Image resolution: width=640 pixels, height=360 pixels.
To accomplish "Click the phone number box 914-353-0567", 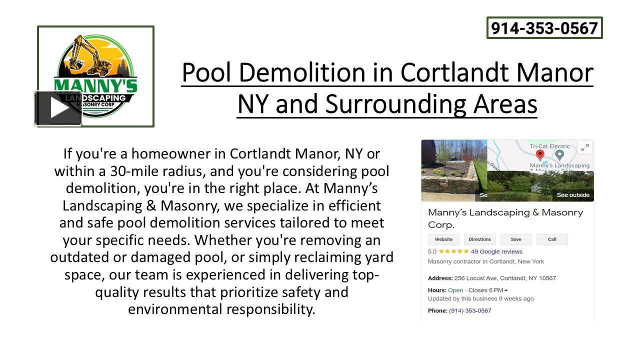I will [x=544, y=28].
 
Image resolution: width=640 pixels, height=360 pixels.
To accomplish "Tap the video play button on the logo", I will [x=58, y=108].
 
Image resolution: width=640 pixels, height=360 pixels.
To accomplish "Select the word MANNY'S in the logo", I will [x=95, y=84].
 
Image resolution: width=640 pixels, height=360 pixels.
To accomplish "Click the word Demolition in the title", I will [x=303, y=72].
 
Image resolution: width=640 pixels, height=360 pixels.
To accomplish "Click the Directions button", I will [x=479, y=239].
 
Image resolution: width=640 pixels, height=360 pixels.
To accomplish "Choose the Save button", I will [x=516, y=239].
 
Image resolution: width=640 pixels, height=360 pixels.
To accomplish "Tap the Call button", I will [x=552, y=239].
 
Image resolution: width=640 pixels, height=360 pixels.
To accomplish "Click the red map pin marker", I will [x=540, y=154].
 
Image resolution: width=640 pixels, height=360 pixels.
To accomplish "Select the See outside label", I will [x=573, y=195].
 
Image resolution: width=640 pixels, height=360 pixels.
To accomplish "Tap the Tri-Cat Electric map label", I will [x=550, y=146].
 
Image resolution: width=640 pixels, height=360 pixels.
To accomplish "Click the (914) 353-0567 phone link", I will [x=470, y=310].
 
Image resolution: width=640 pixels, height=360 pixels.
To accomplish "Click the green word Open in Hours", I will [x=455, y=290].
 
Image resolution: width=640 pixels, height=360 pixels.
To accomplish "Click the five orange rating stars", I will [x=453, y=251].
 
